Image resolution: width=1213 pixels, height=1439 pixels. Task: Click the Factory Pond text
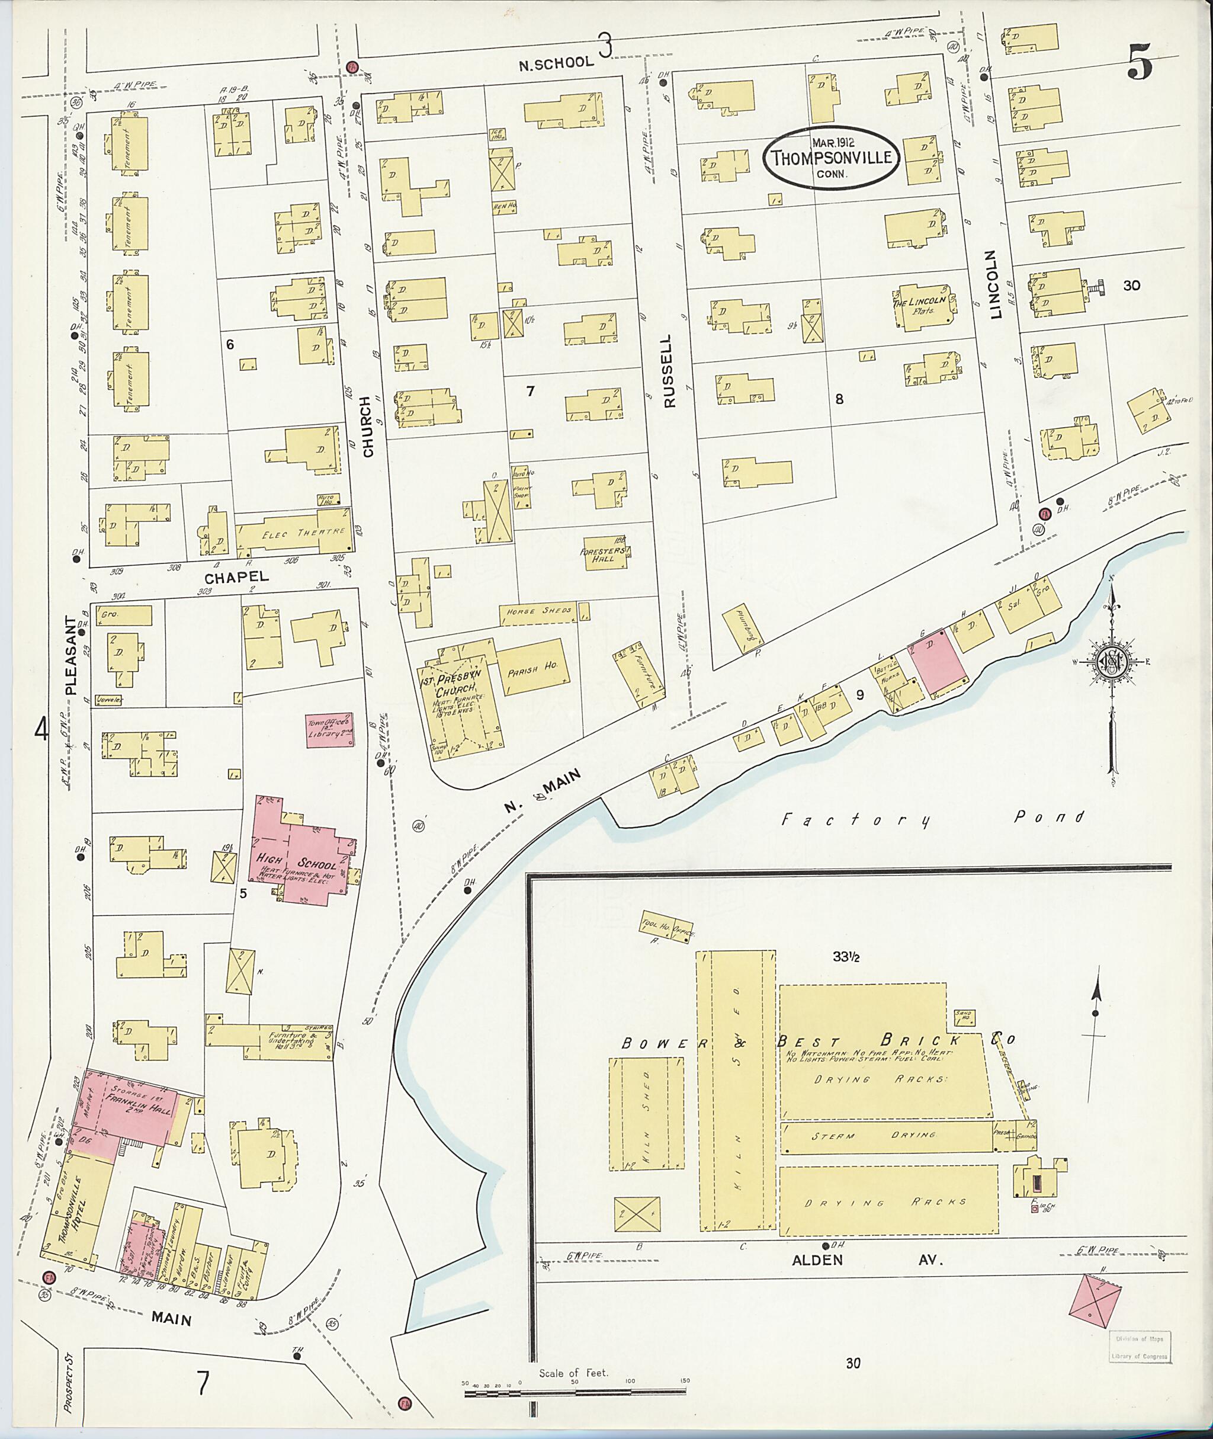point(934,819)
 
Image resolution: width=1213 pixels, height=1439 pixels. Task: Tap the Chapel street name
point(236,578)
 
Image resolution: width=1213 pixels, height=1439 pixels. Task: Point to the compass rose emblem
point(1110,662)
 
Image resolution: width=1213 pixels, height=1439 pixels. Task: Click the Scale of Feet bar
point(575,1392)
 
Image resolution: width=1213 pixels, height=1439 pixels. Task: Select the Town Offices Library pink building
point(329,730)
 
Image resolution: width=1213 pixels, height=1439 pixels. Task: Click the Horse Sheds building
point(538,611)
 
